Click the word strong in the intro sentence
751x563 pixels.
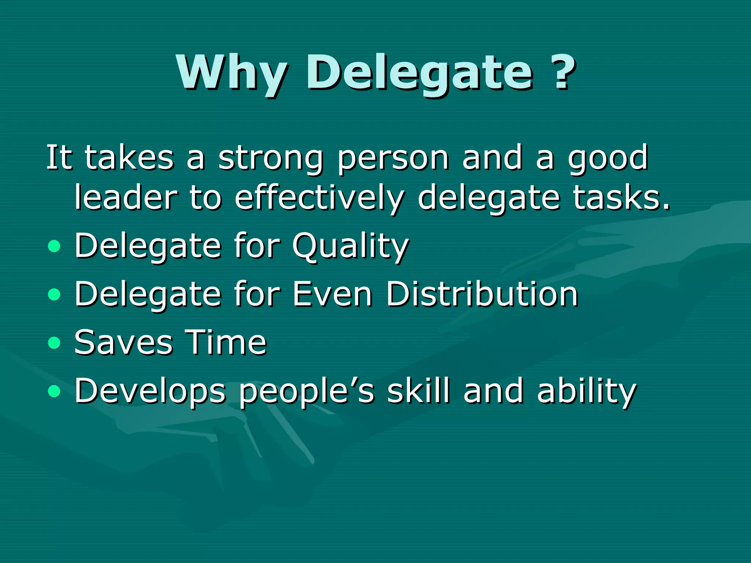271,158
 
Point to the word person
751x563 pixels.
393,158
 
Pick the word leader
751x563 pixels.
126,198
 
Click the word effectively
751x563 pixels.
319,198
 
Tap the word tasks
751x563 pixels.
621,198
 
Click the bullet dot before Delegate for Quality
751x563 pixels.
54,246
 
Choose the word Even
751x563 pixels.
332,294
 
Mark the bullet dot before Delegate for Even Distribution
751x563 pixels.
54,294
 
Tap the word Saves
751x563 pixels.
123,342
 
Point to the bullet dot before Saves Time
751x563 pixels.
54,343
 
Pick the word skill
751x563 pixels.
418,391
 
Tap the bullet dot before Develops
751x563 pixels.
54,391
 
